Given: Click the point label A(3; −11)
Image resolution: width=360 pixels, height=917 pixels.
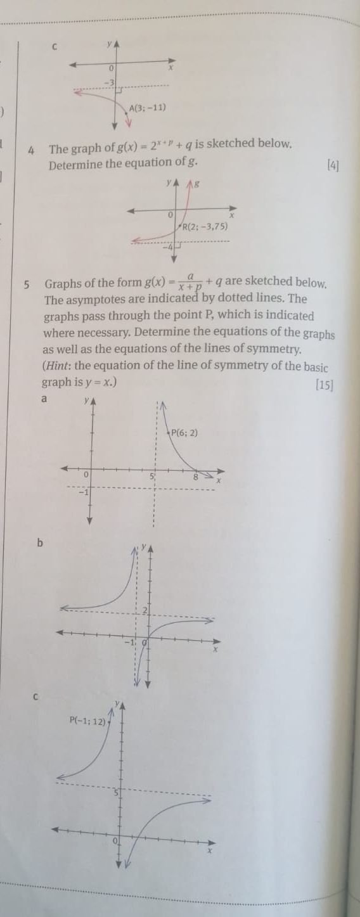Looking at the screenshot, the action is point(147,108).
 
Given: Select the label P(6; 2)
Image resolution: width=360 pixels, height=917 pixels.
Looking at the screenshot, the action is point(184,433).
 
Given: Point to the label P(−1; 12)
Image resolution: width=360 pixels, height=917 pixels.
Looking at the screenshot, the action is point(89,721).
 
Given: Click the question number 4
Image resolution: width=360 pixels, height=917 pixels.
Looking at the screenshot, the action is point(31,150).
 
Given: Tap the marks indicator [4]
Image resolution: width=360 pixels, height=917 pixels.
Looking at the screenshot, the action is point(333,167).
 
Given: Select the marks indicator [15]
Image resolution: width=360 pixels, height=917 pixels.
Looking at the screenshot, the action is point(325,384).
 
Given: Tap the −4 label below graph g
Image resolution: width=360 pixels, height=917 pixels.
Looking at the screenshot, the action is point(169,246).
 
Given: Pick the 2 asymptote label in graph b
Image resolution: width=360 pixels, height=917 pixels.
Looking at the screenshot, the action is point(144,610).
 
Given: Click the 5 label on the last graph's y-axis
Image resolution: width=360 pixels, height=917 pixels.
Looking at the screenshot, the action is point(117,793).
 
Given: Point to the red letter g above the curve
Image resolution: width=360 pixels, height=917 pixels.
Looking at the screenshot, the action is point(197,184).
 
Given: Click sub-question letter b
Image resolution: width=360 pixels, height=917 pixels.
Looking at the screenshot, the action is point(40,542).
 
